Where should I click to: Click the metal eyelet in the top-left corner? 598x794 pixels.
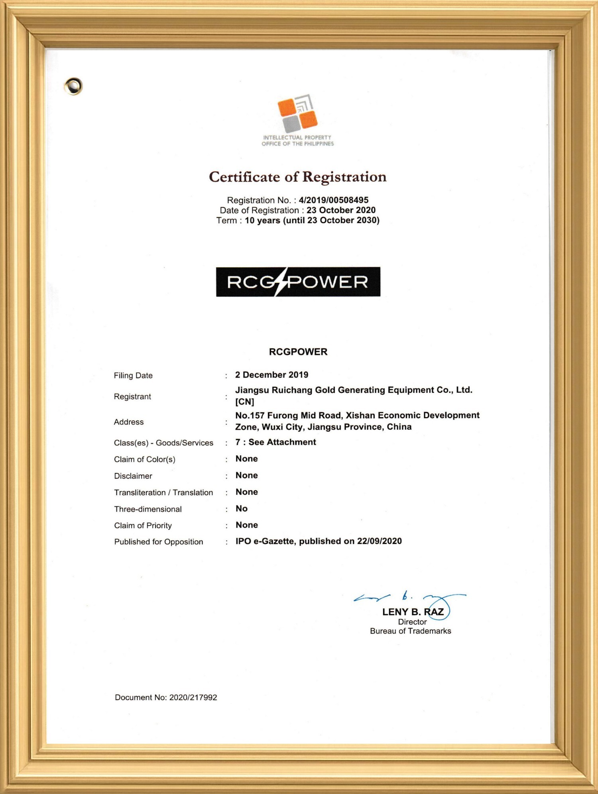tap(74, 86)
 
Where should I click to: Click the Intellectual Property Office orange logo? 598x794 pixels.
tap(297, 114)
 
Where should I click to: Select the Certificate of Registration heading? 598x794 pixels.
tap(297, 177)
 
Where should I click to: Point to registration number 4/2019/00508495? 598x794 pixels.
tap(333, 200)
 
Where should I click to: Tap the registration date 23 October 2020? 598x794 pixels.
tap(341, 210)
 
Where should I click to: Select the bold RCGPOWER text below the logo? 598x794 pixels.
tap(298, 352)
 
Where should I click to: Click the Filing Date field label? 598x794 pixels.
tap(133, 375)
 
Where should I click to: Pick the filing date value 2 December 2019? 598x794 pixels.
tap(271, 375)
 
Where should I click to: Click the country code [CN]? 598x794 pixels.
tap(244, 402)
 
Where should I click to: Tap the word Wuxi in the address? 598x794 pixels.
tap(272, 427)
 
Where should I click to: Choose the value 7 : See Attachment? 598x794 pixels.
tap(275, 442)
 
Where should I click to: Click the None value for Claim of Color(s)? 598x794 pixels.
tap(246, 459)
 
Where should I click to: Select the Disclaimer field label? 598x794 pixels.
tap(133, 476)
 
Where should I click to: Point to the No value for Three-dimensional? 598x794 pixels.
tap(241, 509)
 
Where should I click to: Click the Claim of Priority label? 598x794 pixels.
tap(143, 525)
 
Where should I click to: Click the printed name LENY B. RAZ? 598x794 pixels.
tap(413, 612)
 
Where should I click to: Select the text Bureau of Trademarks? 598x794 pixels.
tap(410, 631)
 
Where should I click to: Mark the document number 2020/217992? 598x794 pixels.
tap(193, 698)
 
